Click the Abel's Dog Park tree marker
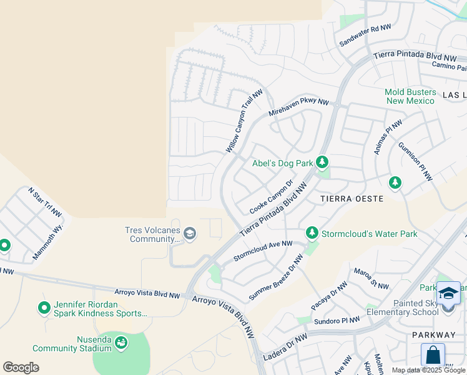(322, 163)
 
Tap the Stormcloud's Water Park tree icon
(312, 233)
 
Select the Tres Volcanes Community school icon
(190, 234)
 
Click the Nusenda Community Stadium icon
(120, 342)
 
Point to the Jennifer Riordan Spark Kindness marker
(44, 307)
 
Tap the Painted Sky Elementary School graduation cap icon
(448, 293)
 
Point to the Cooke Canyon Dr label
(271, 197)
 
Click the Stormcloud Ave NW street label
(263, 251)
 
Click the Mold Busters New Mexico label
(410, 96)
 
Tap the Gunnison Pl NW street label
(415, 161)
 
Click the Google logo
(21, 367)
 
